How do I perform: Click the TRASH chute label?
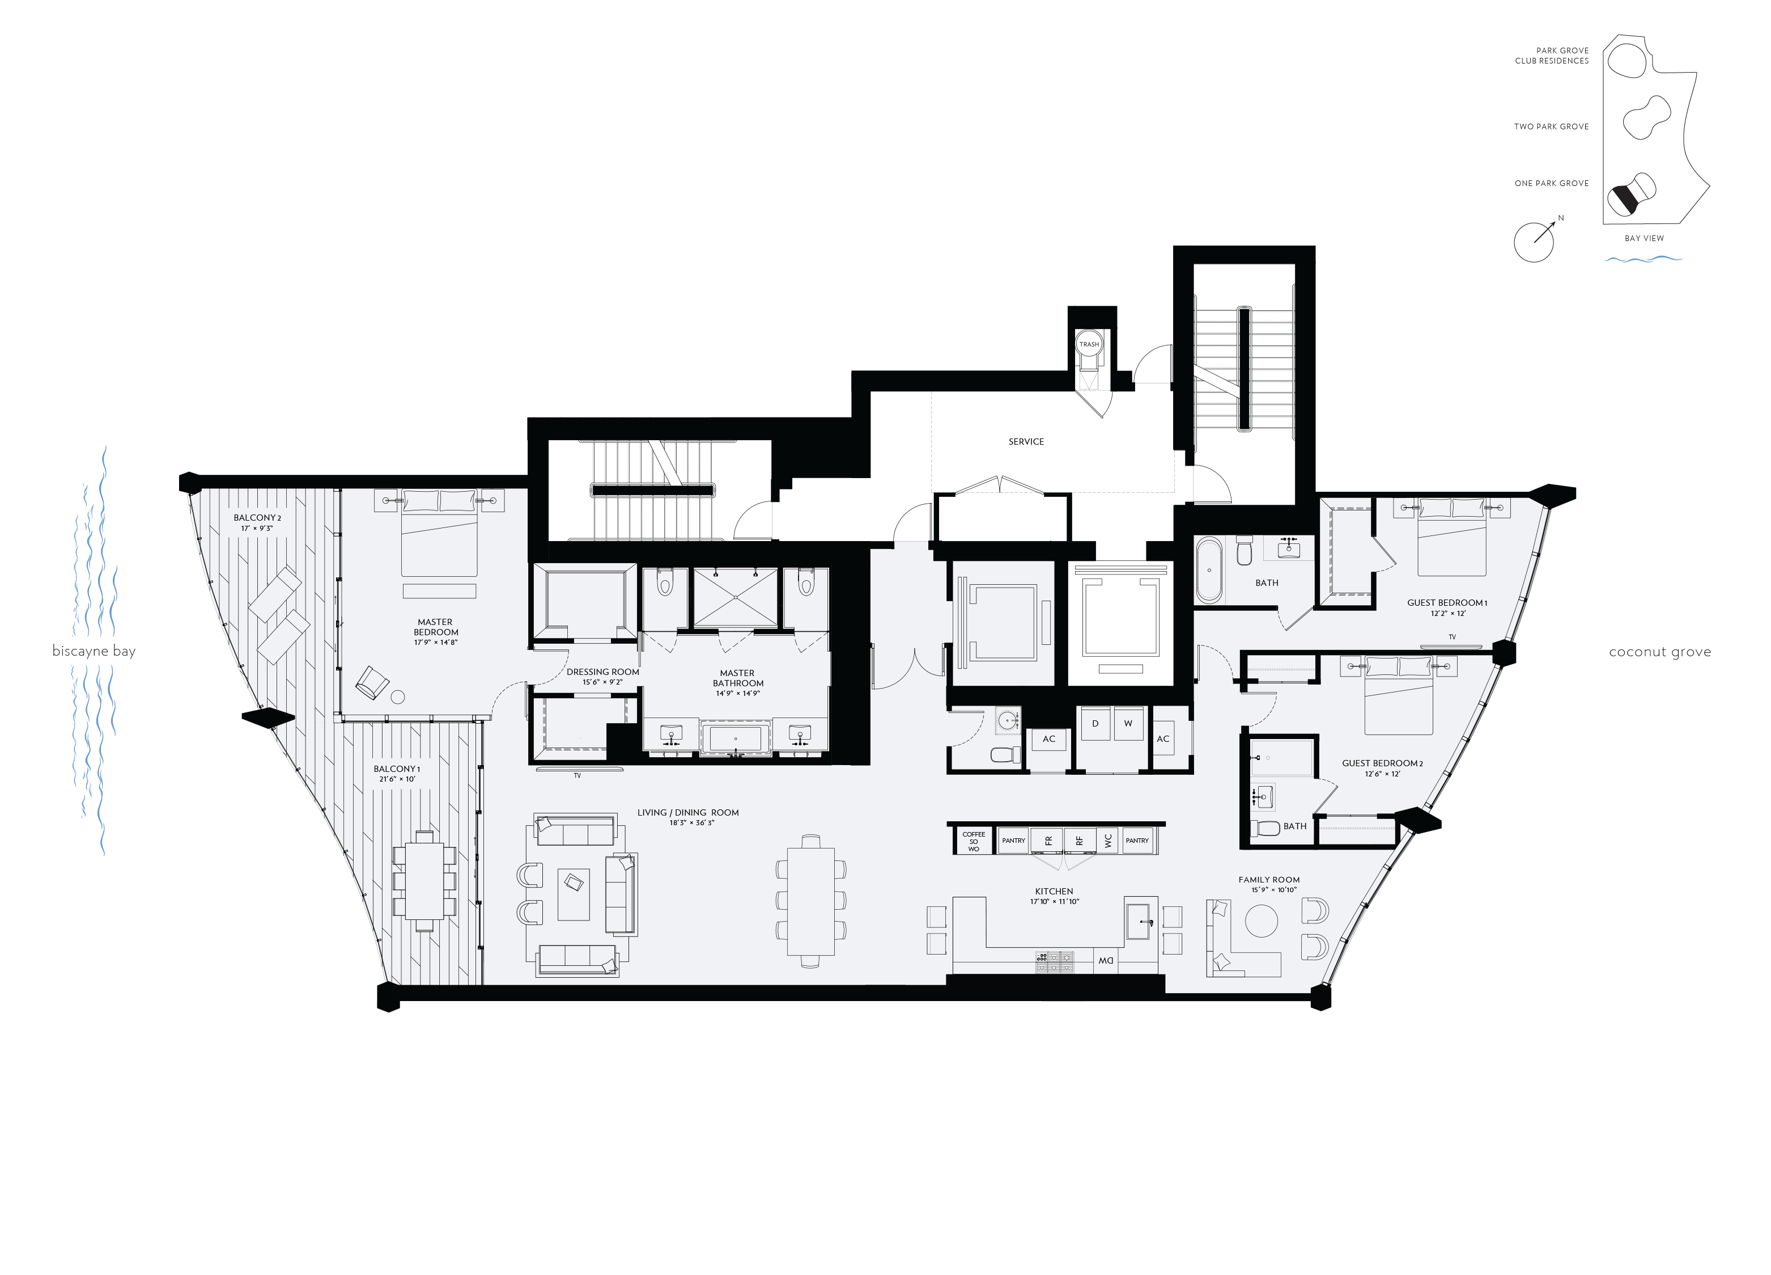1089,344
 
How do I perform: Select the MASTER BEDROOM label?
436,627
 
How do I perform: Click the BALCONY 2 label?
257,518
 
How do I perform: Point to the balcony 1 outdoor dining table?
424,880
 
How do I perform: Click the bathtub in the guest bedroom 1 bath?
1209,571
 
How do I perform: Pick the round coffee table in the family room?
1261,921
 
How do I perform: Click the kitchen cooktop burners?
1054,962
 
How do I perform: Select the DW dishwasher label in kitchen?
1106,961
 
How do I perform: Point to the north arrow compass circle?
1533,242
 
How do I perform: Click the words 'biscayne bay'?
94,651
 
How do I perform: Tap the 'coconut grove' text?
1659,652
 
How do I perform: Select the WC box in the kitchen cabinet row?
1108,841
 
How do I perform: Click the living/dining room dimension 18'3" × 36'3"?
692,822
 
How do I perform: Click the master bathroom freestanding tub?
735,739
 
